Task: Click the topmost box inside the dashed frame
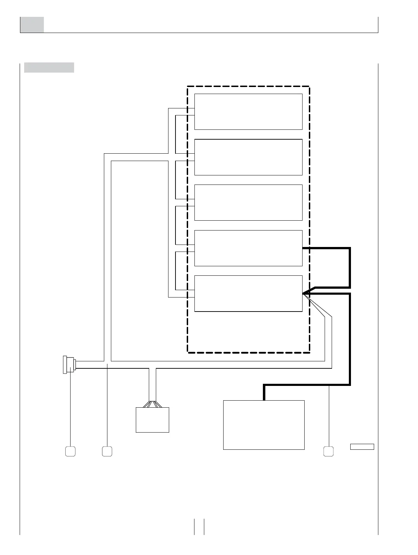[248, 112]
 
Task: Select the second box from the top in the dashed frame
[248, 157]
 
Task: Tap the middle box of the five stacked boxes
[248, 202]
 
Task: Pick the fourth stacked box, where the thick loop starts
[248, 248]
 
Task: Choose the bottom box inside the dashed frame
[248, 293]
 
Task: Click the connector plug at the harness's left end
[69, 365]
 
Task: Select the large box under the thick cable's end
[264, 424]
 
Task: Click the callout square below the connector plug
[70, 451]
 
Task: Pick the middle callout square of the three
[107, 451]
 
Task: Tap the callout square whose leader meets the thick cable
[329, 451]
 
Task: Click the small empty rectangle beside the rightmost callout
[362, 447]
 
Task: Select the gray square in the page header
[32, 25]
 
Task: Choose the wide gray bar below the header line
[49, 67]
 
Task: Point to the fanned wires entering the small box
[152, 404]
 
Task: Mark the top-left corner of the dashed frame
[188, 86]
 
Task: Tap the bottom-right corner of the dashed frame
[309, 352]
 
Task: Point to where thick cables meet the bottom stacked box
[303, 293]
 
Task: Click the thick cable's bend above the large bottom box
[264, 386]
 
